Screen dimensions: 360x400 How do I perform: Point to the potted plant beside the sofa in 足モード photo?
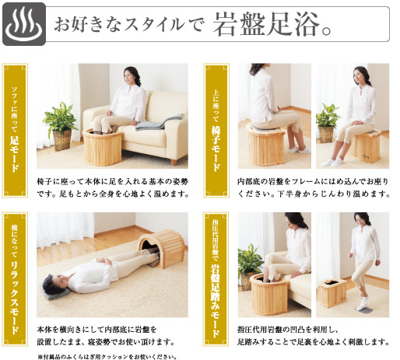click(x=61, y=124)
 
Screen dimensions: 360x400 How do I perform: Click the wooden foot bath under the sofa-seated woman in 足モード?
click(x=103, y=148)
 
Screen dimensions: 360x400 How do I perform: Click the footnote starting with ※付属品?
click(x=106, y=355)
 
